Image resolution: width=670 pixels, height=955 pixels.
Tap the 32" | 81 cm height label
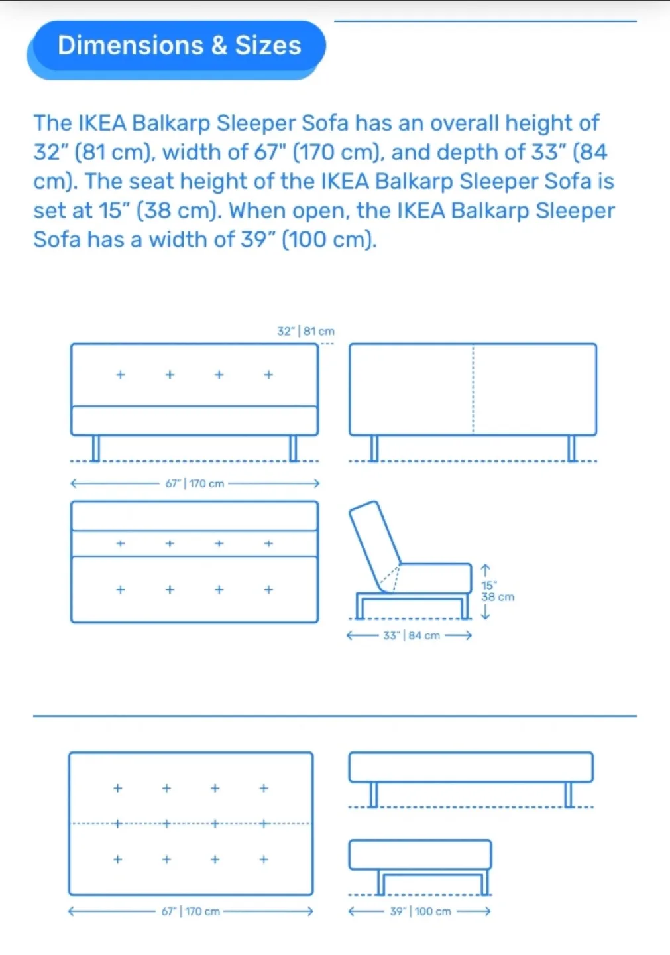click(x=306, y=331)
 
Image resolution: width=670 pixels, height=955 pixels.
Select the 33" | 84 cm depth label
click(x=411, y=635)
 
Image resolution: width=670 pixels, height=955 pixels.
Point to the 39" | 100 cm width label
click(x=420, y=911)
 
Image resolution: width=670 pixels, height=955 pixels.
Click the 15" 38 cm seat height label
click(x=496, y=591)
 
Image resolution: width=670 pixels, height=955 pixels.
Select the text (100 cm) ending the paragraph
click(x=329, y=239)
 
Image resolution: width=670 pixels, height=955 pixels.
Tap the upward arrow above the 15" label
click(x=485, y=570)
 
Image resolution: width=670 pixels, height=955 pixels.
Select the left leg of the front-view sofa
click(x=96, y=448)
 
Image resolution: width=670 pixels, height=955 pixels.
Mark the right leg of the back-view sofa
click(x=572, y=448)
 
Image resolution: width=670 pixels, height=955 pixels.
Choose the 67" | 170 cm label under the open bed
click(x=191, y=911)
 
